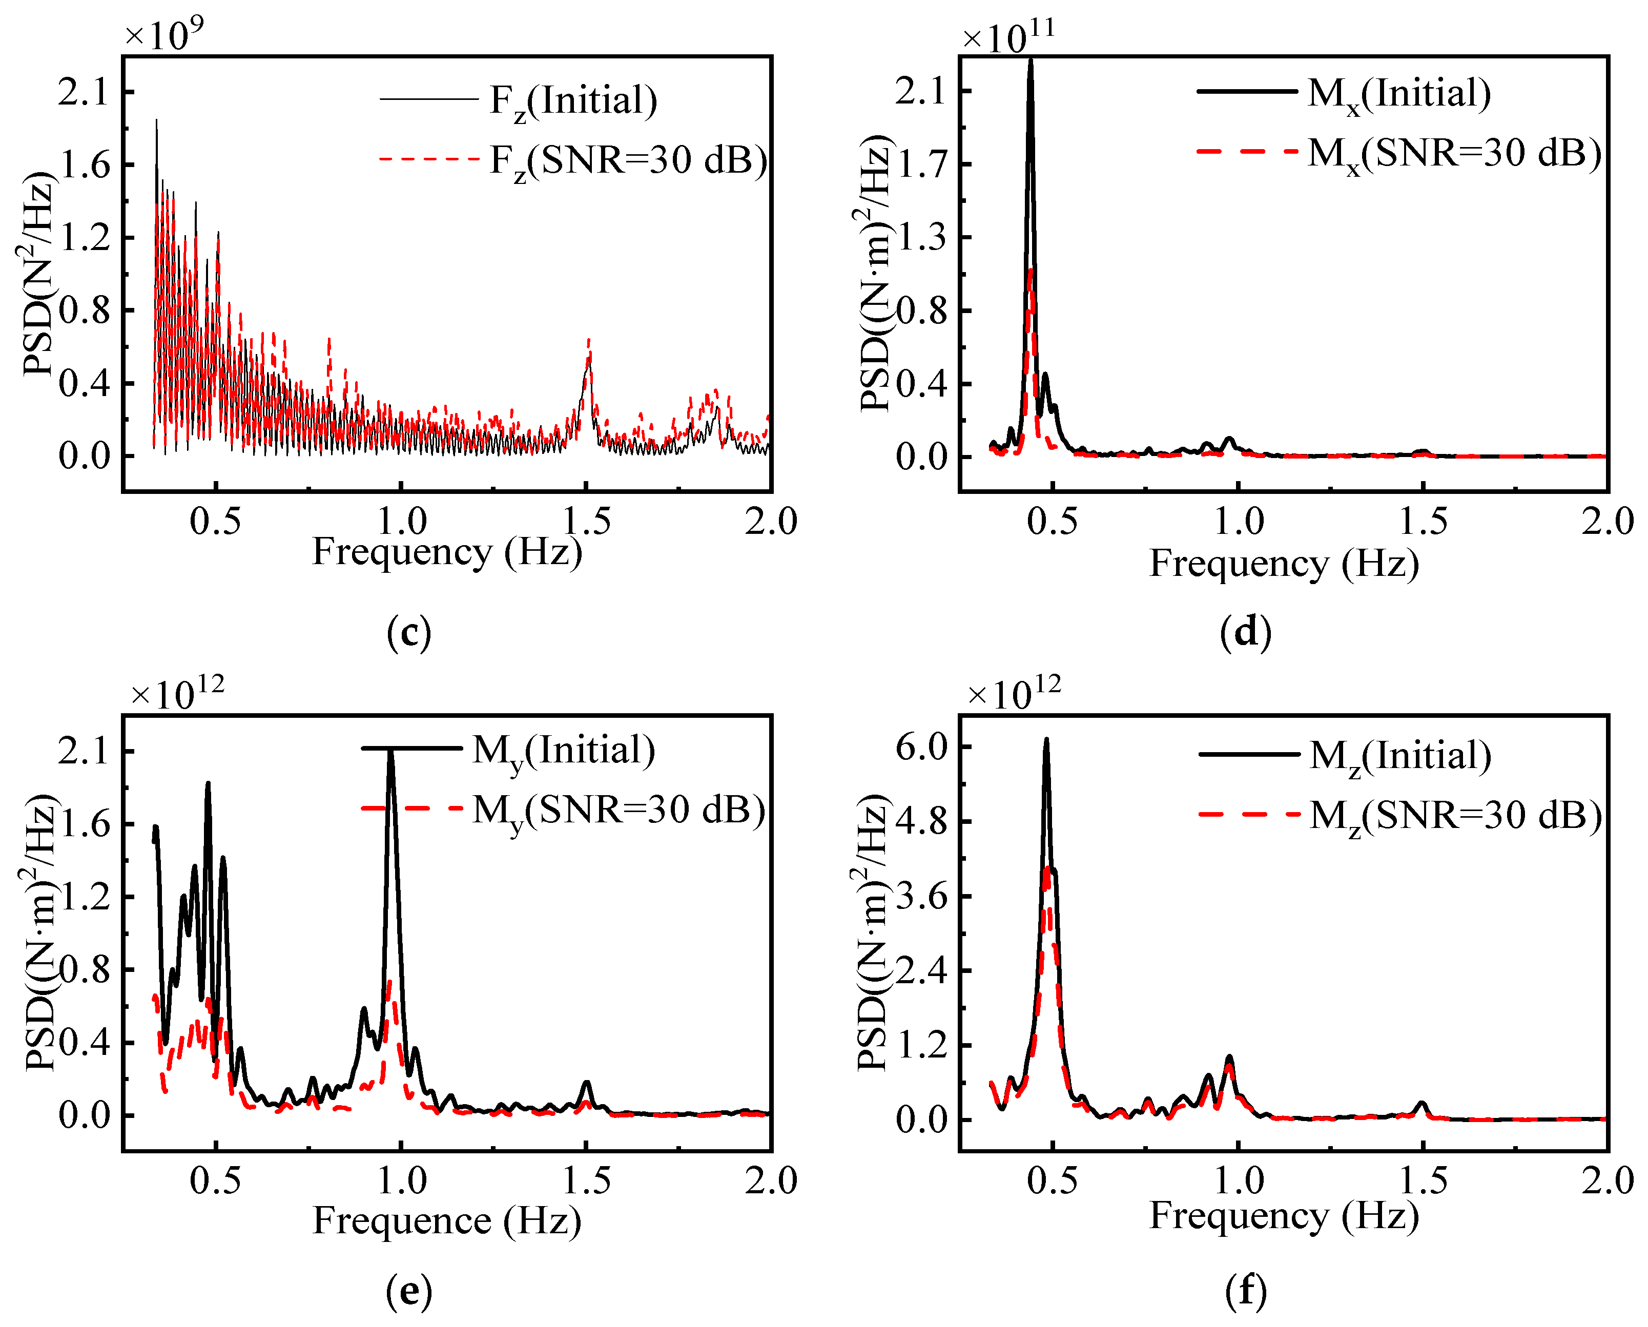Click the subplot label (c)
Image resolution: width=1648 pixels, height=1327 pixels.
(409, 633)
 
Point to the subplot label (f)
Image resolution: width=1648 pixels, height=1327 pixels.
(1245, 1291)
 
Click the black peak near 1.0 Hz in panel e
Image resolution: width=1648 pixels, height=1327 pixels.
(392, 753)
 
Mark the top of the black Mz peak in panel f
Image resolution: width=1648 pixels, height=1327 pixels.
(1046, 740)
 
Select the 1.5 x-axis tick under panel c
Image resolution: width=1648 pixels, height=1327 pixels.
(587, 522)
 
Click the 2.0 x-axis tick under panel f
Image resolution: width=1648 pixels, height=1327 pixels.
(1606, 1181)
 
